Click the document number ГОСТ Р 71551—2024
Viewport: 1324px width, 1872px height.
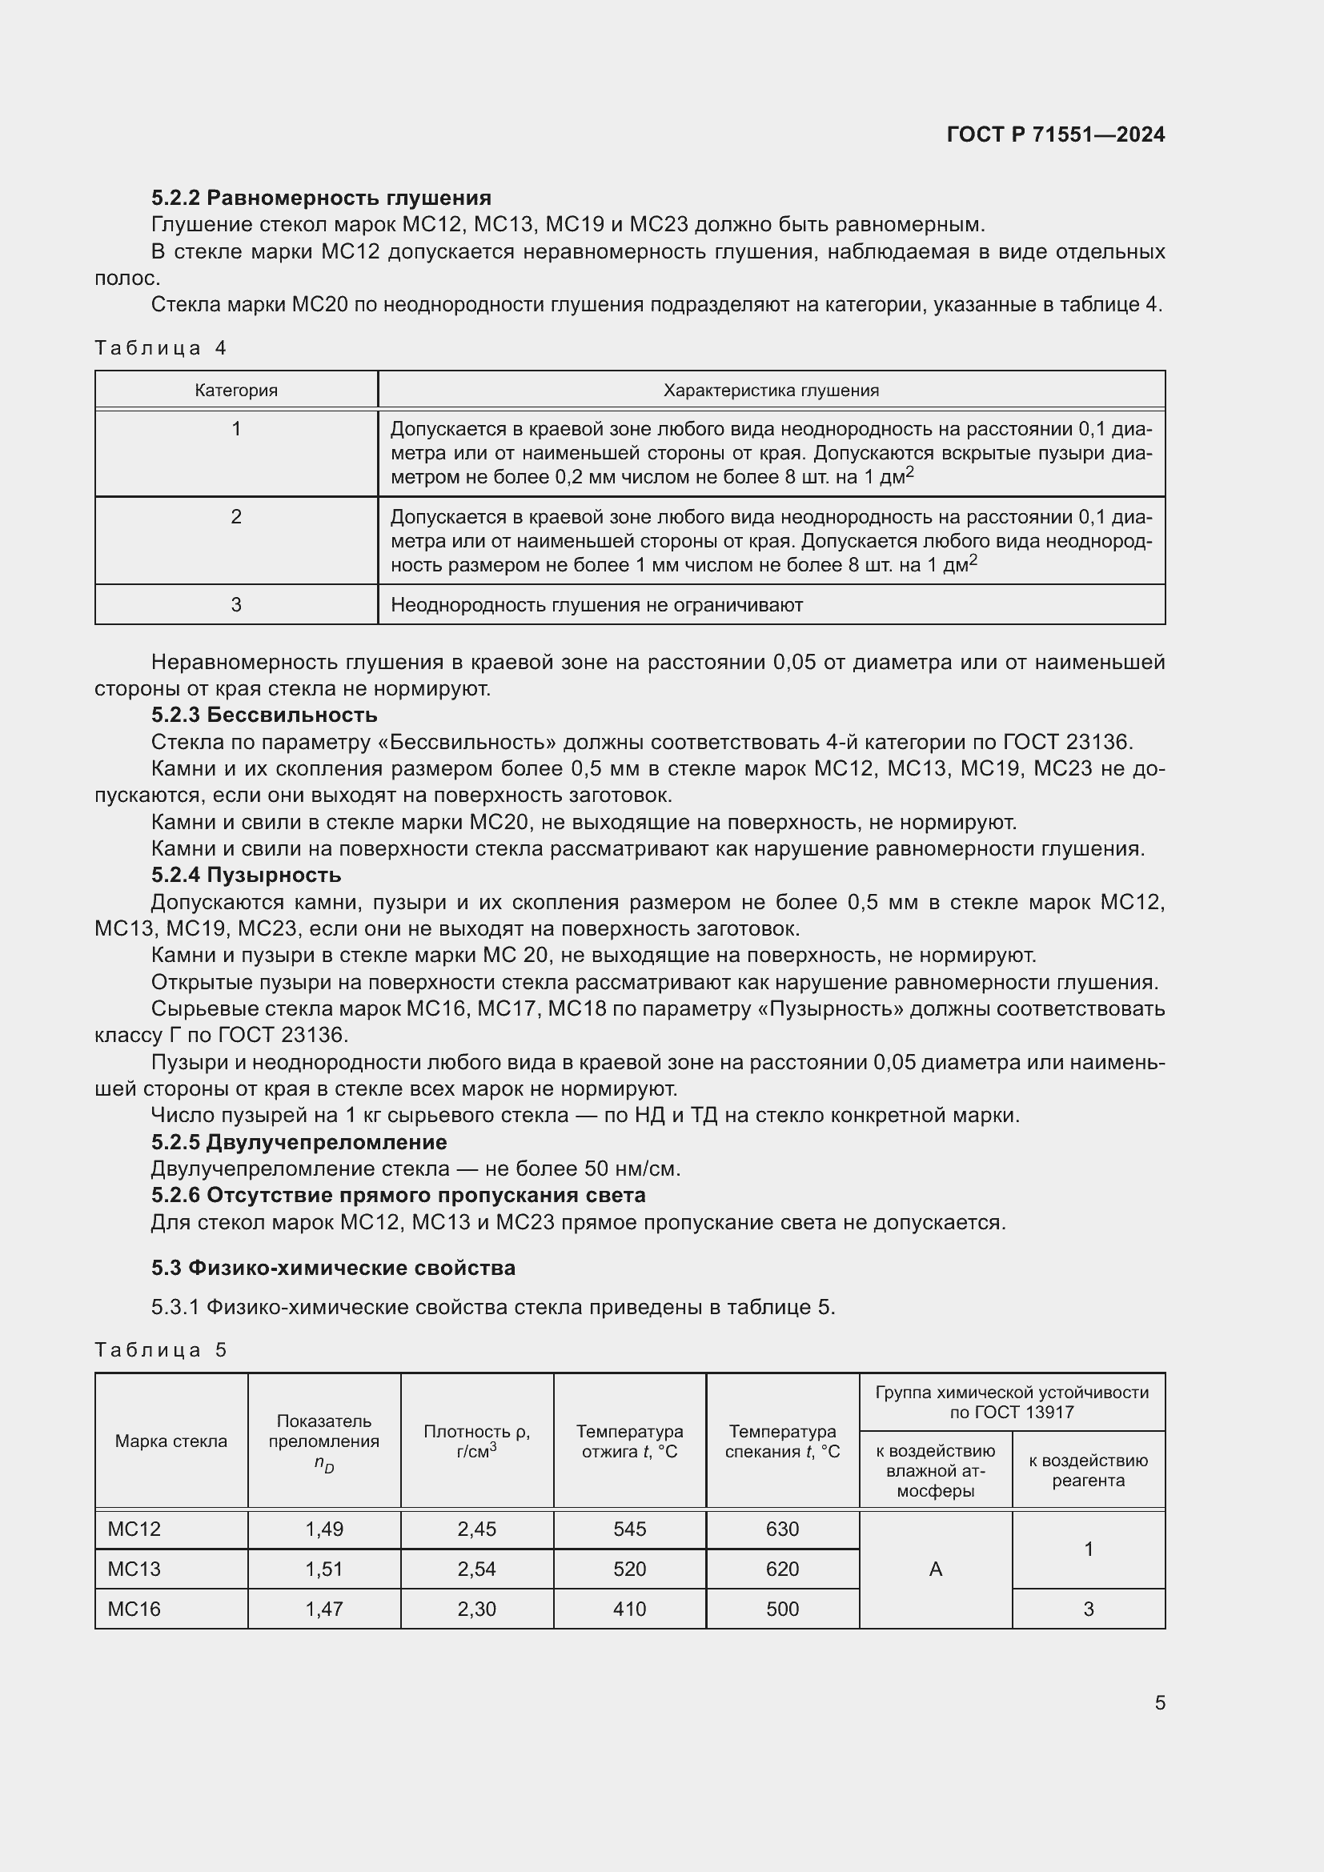[1055, 134]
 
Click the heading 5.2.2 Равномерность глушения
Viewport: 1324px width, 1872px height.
[320, 198]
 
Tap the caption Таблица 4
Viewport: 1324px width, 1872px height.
[160, 348]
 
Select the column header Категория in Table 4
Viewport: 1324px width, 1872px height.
[235, 391]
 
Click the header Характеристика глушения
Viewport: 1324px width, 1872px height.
[770, 391]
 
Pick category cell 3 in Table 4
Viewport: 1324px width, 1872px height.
[235, 604]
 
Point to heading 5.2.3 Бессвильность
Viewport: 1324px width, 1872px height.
[264, 715]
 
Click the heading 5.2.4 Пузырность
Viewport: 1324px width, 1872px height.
[246, 875]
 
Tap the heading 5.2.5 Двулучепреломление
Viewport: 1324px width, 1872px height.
[299, 1141]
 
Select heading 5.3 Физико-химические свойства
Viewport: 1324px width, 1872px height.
[333, 1268]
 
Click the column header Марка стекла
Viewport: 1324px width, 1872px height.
[171, 1441]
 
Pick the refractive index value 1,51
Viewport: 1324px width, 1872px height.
[323, 1569]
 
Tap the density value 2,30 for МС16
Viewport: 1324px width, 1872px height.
[476, 1609]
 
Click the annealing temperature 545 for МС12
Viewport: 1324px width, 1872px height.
[629, 1529]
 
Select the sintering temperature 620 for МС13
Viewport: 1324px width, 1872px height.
[782, 1569]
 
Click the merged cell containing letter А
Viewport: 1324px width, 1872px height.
[935, 1569]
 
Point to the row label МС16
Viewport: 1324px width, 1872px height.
[134, 1609]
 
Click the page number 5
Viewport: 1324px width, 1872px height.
[1159, 1702]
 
